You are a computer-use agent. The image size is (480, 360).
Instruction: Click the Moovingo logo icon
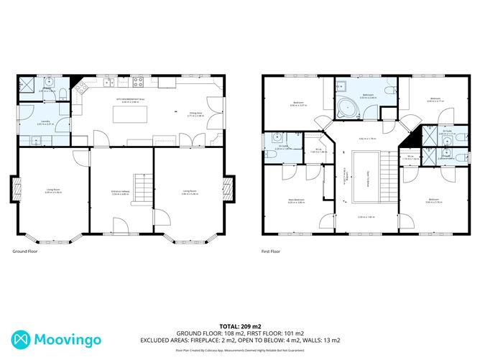point(20,338)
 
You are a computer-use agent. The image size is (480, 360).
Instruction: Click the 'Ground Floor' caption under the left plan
point(25,251)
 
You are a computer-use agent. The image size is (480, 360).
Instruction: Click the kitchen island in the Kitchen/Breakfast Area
point(129,114)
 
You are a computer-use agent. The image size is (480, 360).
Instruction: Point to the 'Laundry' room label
point(45,120)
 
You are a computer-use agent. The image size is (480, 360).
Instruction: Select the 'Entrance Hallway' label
point(119,191)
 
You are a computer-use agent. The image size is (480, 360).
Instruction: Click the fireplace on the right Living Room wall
point(229,190)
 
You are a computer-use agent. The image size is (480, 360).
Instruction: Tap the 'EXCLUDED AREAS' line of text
point(239,340)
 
